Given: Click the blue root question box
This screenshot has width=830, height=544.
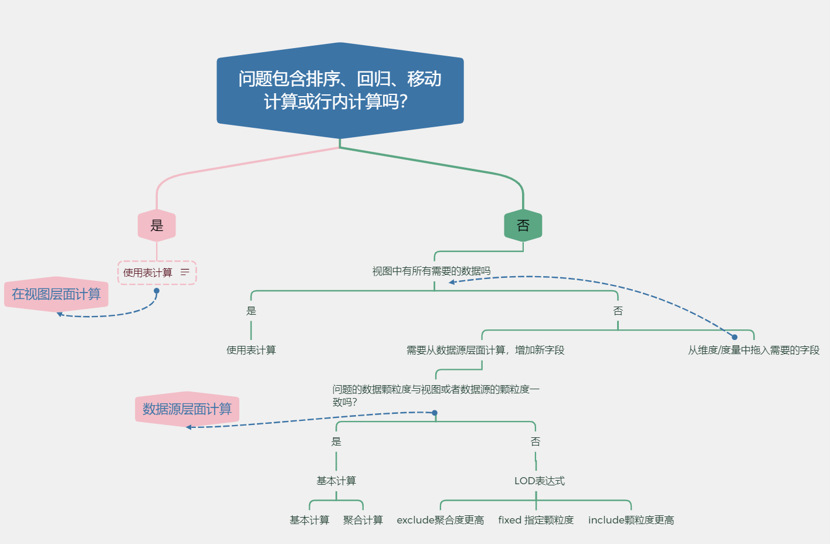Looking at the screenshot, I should click(340, 90).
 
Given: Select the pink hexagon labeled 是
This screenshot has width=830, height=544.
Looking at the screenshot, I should click(157, 226).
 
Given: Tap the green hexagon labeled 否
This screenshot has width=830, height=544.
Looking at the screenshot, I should click(523, 226).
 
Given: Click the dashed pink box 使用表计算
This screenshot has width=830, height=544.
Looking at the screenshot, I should click(148, 273).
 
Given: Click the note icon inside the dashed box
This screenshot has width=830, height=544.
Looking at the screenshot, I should click(185, 273).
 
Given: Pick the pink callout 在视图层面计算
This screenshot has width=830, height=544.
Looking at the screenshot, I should click(56, 294).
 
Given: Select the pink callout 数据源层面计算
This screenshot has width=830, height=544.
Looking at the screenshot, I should click(187, 409).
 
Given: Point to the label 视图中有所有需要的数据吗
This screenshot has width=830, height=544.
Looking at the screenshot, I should click(431, 271).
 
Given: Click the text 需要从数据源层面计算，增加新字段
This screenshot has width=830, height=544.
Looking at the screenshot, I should click(485, 350).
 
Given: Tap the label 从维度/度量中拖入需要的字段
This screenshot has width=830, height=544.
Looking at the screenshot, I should click(753, 350).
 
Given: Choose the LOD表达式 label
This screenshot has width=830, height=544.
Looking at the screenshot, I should click(539, 481).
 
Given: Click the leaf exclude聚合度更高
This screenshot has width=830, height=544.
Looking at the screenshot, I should click(440, 520).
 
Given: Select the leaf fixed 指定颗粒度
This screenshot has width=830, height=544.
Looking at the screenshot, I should click(536, 520).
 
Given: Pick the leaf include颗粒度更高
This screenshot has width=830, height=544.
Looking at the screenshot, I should click(631, 520).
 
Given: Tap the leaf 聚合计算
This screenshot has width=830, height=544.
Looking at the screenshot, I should click(363, 520).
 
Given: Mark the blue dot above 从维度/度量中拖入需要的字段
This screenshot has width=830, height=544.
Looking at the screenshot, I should click(734, 337).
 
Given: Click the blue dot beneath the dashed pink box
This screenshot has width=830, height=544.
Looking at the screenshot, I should click(157, 291).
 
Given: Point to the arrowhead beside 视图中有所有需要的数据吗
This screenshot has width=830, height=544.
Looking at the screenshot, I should click(452, 282).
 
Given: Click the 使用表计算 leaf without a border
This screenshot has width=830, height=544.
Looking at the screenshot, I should click(251, 350).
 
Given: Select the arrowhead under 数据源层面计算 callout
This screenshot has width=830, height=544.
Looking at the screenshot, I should click(189, 427).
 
